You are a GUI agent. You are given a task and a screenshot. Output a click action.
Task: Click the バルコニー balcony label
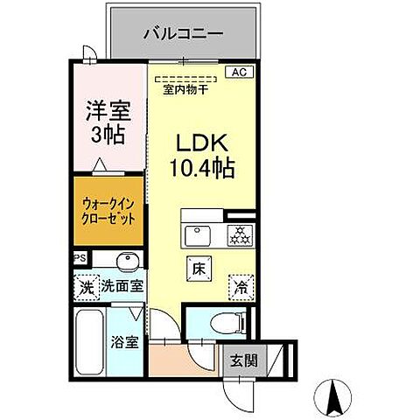coord(184,34)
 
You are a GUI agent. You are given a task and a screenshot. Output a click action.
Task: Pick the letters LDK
coord(206,142)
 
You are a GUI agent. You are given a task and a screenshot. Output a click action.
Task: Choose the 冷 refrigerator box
coord(240,284)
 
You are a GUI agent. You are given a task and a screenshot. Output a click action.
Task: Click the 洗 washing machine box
coord(86,285)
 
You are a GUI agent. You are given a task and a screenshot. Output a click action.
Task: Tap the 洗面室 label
coord(122,285)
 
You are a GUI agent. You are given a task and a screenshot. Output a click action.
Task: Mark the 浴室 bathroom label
coord(125,343)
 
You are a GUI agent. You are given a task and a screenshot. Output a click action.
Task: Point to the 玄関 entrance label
coord(245,359)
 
